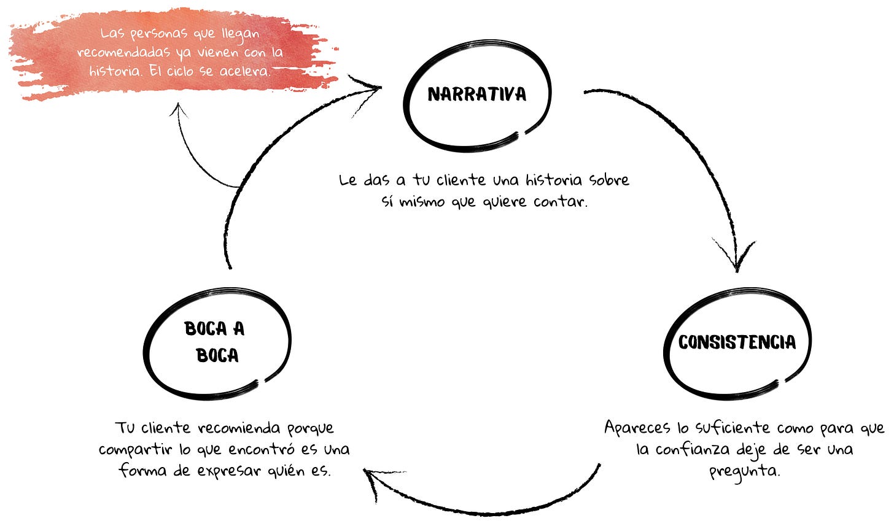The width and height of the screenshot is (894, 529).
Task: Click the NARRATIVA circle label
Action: pyautogui.click(x=477, y=94)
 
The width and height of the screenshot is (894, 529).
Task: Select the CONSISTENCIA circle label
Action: pyautogui.click(x=737, y=342)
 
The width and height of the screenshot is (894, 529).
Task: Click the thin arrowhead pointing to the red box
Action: pyautogui.click(x=179, y=110)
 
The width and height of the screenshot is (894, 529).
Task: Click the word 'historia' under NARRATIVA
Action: pyautogui.click(x=554, y=180)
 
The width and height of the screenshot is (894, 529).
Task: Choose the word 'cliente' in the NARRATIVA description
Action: pyautogui.click(x=461, y=180)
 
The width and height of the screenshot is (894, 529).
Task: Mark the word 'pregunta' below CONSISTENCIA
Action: pyautogui.click(x=744, y=472)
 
